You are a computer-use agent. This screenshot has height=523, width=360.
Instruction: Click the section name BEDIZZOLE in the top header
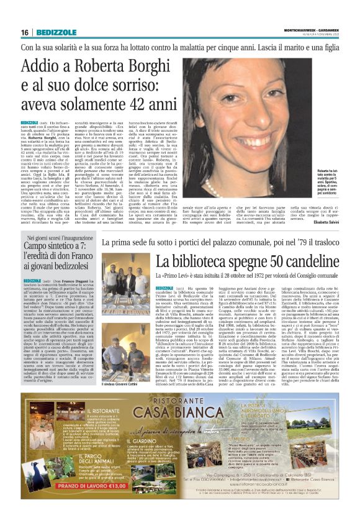click(56, 33)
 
